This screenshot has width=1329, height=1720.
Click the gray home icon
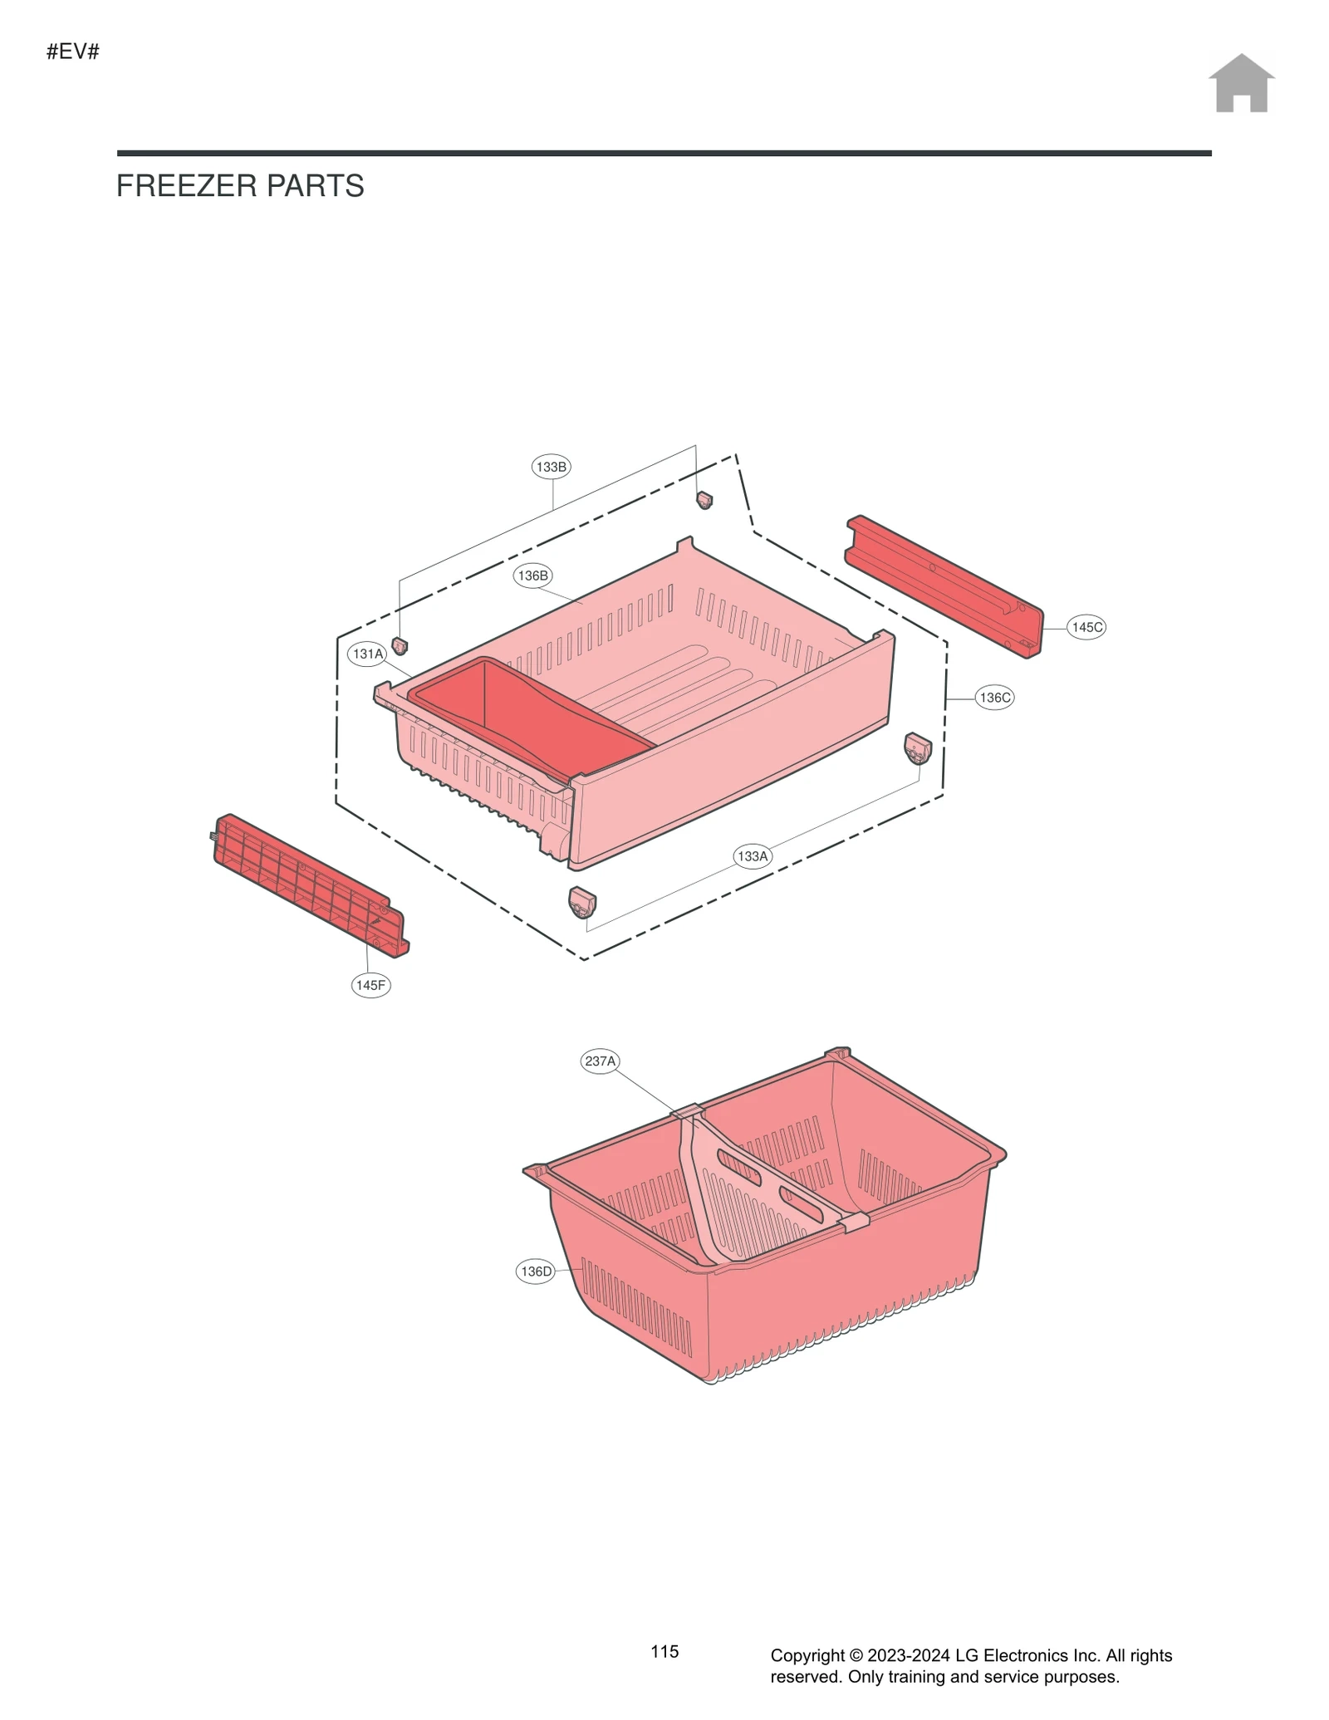tap(1241, 84)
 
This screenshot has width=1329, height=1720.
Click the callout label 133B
tap(551, 467)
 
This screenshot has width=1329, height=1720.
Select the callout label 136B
tap(532, 576)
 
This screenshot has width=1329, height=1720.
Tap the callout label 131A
tap(368, 654)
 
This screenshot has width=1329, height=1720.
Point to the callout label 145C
tap(1086, 627)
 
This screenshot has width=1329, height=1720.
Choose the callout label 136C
tap(994, 698)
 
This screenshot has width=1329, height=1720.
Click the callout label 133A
tap(753, 855)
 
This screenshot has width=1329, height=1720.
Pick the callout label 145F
tap(370, 985)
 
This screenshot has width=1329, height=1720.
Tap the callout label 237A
tap(600, 1061)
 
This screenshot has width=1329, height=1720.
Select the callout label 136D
tap(536, 1271)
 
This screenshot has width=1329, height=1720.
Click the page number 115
tap(664, 1651)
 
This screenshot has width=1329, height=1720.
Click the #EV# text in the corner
tap(73, 51)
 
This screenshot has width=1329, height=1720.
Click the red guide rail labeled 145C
tap(944, 586)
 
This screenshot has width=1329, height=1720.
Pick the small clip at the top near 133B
tap(704, 499)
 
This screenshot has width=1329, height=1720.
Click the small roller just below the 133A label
tap(582, 901)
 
